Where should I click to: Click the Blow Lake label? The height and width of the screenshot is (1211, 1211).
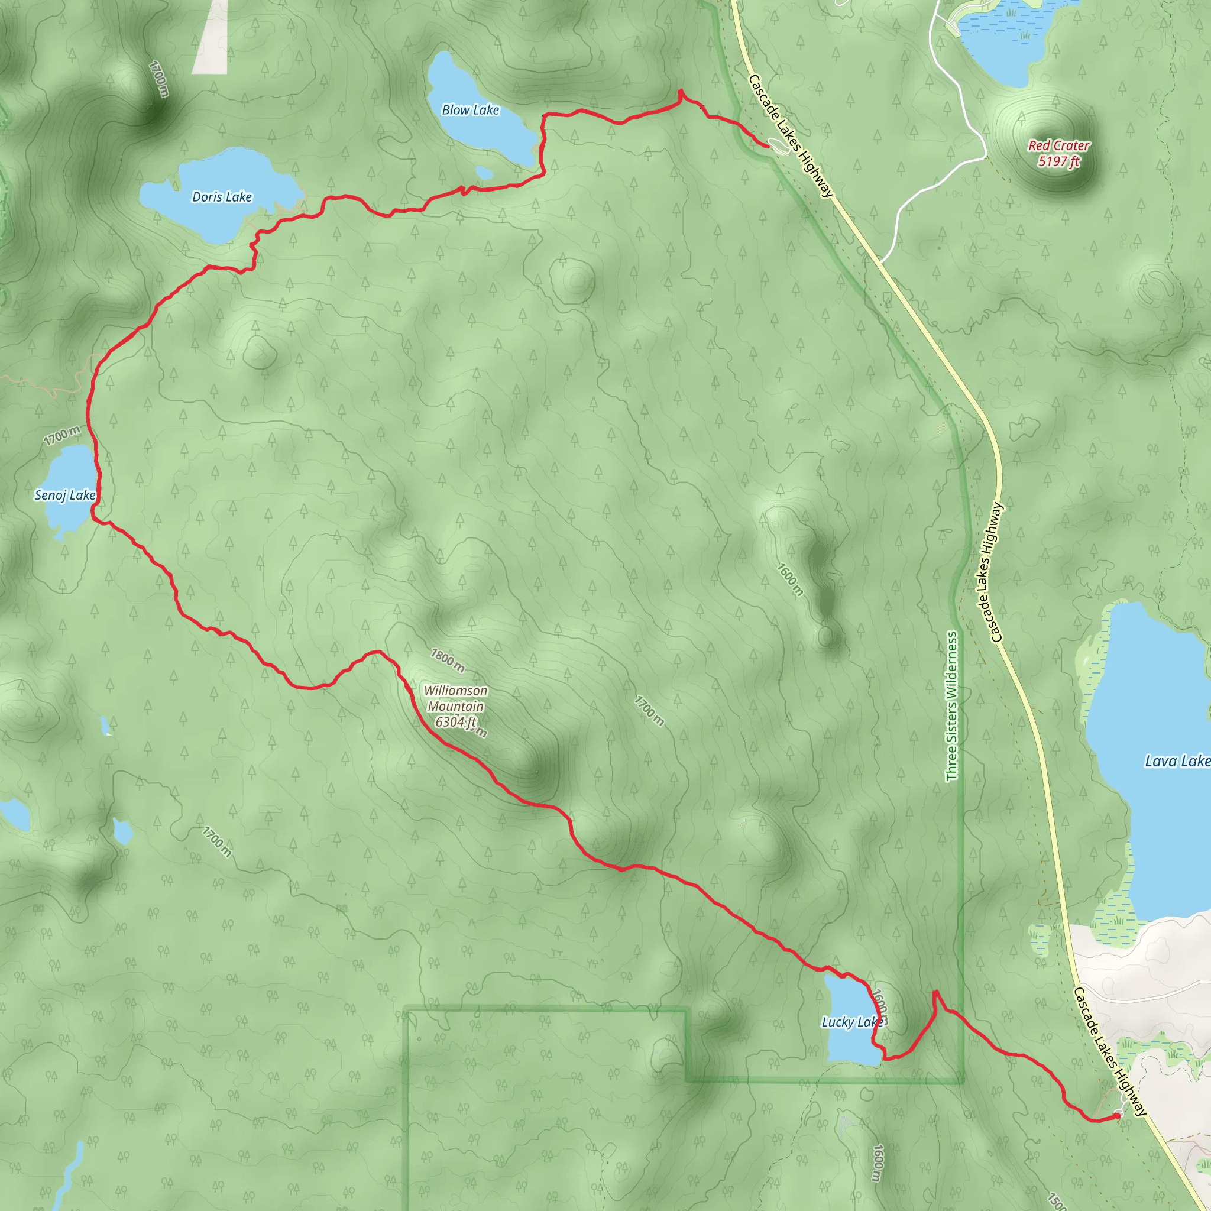470,111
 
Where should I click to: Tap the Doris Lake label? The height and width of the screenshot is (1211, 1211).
222,197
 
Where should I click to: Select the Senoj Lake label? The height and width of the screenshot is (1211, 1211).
65,495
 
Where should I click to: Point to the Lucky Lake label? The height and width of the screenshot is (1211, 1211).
852,1022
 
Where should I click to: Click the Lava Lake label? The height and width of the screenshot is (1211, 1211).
1177,762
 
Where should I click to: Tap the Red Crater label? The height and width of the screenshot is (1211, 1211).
1058,145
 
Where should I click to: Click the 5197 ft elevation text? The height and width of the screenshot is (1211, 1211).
1058,161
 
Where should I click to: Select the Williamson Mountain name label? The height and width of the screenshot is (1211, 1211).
456,698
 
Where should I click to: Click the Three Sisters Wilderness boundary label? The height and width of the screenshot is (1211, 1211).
951,706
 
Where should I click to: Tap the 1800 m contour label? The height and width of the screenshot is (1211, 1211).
448,659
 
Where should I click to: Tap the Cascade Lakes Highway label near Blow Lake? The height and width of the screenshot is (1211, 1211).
791,136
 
